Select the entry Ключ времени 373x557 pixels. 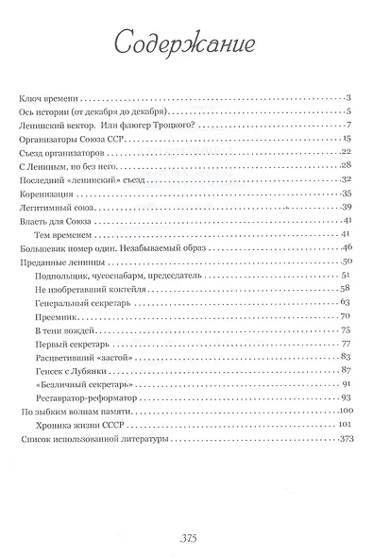point(51,97)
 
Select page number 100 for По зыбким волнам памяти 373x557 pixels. point(345,411)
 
